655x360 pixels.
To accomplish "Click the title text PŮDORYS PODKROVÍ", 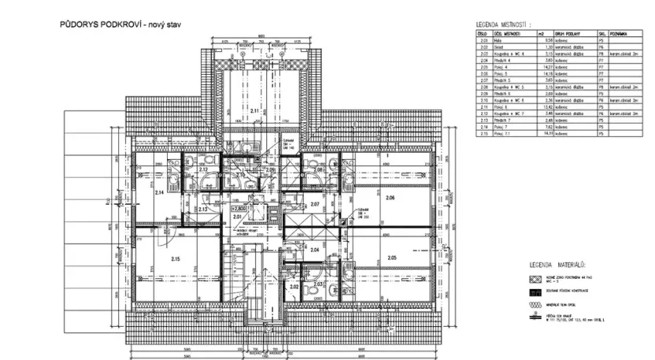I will pyautogui.click(x=100, y=25).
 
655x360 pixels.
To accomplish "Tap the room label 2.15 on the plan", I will pyautogui.click(x=175, y=259).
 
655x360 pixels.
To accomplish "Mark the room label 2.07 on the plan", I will pyautogui.click(x=316, y=204).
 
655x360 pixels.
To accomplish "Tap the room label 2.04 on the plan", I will pyautogui.click(x=315, y=250).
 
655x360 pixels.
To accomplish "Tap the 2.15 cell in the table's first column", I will pyautogui.click(x=480, y=135).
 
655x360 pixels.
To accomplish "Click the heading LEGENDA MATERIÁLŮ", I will pyautogui.click(x=557, y=265).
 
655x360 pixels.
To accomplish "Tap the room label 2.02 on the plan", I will pyautogui.click(x=294, y=287).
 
